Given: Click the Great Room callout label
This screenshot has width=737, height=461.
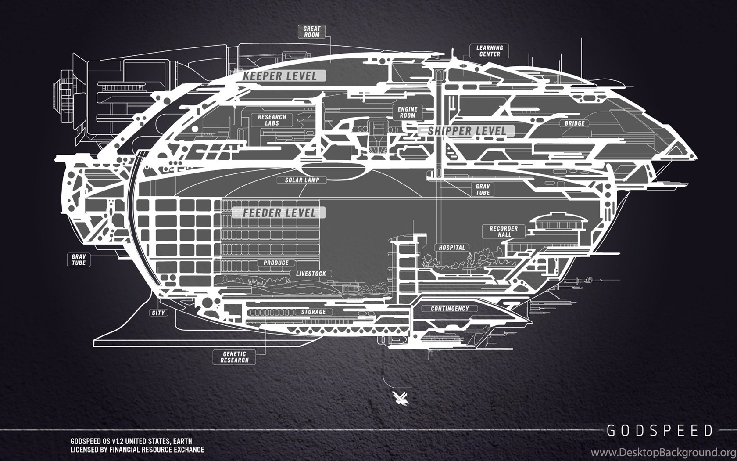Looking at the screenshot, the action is [x=311, y=32].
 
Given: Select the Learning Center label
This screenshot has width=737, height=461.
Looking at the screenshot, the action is [x=490, y=51].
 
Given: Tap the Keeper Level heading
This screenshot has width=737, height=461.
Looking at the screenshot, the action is [x=280, y=76].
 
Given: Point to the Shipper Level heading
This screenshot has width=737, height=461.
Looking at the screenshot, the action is [x=467, y=131].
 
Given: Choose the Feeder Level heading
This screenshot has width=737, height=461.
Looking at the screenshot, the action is [x=279, y=212].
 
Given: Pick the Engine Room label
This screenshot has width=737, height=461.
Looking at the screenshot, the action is [x=407, y=112].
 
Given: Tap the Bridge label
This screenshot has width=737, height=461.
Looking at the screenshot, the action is [x=575, y=123].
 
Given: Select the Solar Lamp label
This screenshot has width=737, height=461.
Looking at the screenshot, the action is [x=302, y=180].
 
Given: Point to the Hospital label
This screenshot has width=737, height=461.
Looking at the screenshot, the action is [x=452, y=248].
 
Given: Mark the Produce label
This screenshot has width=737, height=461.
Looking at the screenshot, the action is [x=275, y=263].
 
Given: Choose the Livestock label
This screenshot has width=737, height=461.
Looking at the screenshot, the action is [x=311, y=274].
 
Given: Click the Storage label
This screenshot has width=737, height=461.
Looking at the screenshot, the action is [x=313, y=312].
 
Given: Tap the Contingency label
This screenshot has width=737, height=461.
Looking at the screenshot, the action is [x=449, y=309].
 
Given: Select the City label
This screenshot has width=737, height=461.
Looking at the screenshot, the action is [x=158, y=313].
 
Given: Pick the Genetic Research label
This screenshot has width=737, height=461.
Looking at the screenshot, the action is [x=234, y=357].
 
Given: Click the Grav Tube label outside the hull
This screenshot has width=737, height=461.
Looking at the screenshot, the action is [x=79, y=260].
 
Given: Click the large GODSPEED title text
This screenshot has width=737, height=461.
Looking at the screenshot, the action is [x=660, y=431].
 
